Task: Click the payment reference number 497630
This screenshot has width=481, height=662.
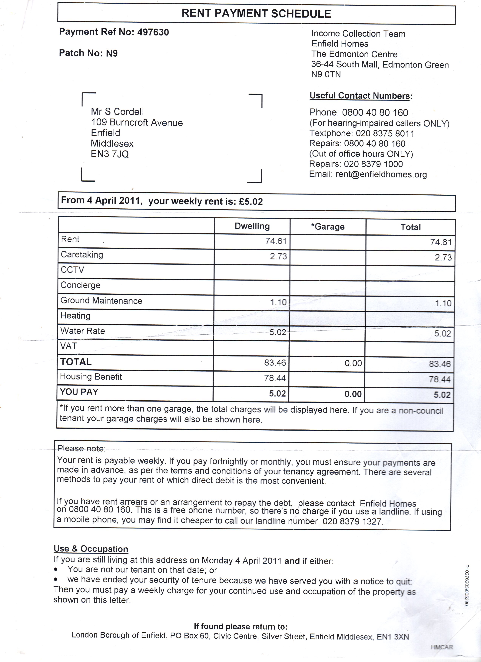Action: (x=153, y=32)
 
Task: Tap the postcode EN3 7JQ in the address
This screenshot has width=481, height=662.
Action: (x=110, y=154)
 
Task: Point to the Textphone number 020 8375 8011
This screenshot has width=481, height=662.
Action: (x=385, y=134)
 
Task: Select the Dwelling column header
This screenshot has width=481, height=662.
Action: (x=252, y=226)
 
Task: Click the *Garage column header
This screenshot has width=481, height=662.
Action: (x=328, y=227)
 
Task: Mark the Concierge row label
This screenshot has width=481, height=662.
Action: (x=80, y=285)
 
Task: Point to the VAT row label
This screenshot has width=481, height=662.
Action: (x=69, y=346)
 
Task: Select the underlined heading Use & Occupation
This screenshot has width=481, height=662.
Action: (x=91, y=549)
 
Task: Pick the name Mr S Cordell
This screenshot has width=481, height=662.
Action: (x=117, y=112)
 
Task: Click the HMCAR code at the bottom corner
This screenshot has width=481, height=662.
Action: (x=442, y=647)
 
